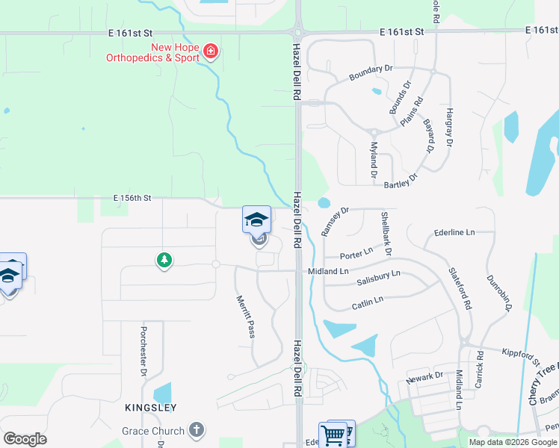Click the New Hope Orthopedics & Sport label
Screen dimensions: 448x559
175,52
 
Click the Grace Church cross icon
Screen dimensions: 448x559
196,430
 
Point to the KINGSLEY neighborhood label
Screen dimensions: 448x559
150,408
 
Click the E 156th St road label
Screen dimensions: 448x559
132,198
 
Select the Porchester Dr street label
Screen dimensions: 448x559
143,349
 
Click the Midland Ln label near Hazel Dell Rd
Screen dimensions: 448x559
329,271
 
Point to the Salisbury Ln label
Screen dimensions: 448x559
378,278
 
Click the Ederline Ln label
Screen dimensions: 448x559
454,233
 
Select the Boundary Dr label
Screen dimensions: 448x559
370,72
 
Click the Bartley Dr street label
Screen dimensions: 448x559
400,181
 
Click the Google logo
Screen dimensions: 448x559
25,439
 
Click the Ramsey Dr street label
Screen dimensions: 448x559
335,223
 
